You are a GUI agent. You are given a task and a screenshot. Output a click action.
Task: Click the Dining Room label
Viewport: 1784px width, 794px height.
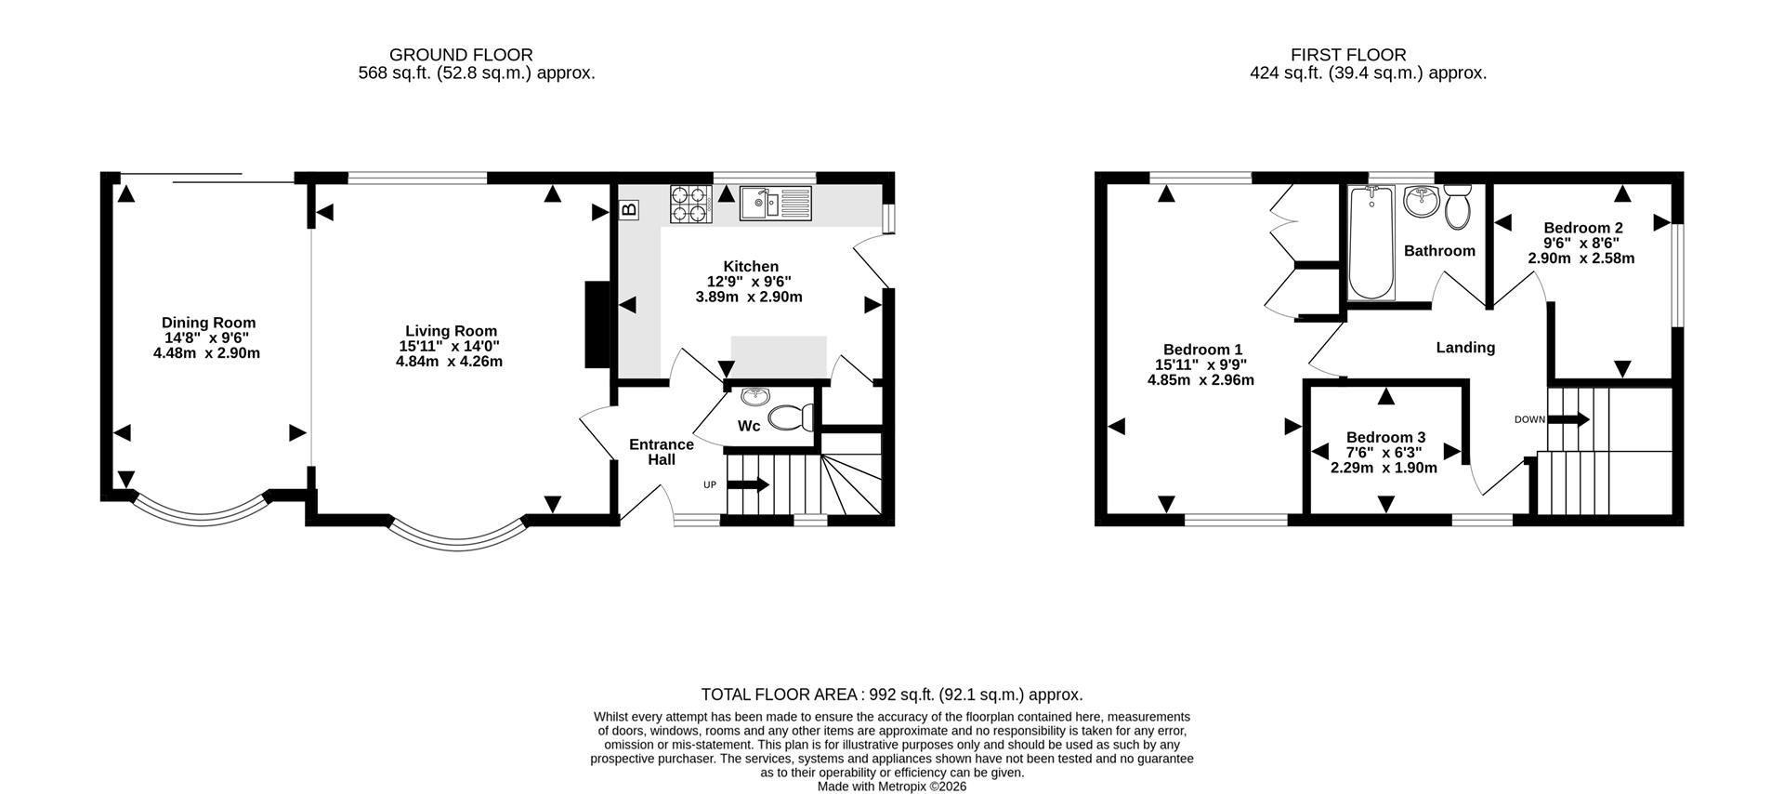pos(208,323)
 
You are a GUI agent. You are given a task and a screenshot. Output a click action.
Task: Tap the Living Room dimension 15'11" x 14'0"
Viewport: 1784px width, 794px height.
pos(449,346)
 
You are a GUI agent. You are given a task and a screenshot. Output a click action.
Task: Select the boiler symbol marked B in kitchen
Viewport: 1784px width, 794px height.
pos(629,210)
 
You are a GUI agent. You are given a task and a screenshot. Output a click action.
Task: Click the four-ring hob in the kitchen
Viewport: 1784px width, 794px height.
pos(690,205)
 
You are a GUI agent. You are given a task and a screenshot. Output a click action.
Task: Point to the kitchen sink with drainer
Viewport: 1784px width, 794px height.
pos(776,203)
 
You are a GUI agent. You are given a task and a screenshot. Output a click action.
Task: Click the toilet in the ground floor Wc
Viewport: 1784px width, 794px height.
pos(789,418)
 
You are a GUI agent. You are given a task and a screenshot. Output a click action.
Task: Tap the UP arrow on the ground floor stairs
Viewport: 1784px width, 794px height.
pos(748,484)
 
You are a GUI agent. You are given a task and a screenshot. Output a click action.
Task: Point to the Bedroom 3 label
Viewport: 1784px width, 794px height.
pos(1385,437)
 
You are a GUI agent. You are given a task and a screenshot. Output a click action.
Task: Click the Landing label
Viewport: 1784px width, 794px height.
pos(1465,348)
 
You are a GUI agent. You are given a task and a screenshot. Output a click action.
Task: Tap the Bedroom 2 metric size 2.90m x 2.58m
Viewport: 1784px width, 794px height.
pos(1581,258)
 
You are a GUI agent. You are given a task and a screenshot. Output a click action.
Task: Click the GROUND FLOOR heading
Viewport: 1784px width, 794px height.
pos(461,55)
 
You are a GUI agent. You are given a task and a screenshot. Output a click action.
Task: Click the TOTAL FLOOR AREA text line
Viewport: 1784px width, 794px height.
pos(892,695)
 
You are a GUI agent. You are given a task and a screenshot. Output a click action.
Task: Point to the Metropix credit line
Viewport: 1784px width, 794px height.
pos(892,786)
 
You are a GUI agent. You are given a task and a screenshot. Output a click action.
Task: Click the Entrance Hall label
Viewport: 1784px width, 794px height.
pos(662,452)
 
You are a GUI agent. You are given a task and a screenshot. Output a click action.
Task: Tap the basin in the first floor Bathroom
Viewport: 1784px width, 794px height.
pos(1421,202)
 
